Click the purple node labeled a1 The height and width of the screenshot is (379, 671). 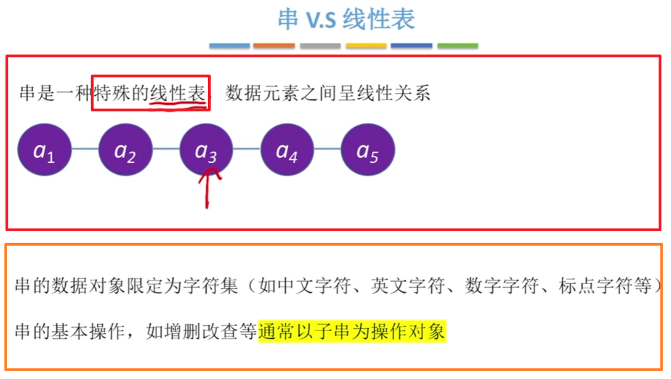click(45, 150)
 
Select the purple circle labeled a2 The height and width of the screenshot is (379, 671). click(125, 150)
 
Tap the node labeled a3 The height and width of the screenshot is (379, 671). click(206, 150)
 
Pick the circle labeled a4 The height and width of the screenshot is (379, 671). click(287, 150)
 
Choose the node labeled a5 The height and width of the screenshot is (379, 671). click(368, 150)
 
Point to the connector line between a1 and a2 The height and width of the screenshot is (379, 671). click(85, 149)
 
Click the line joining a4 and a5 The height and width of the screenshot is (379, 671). click(327, 149)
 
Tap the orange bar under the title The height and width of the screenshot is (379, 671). click(274, 46)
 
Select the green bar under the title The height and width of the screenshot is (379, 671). click(457, 46)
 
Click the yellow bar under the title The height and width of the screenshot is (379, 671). click(366, 46)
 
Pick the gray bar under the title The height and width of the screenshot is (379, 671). click(320, 46)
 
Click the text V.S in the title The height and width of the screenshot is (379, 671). click(321, 20)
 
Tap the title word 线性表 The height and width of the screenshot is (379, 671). click(379, 20)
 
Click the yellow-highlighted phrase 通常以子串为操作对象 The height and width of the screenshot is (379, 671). click(352, 332)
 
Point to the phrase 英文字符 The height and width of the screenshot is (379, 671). click(409, 286)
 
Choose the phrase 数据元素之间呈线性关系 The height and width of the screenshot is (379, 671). click(327, 93)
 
